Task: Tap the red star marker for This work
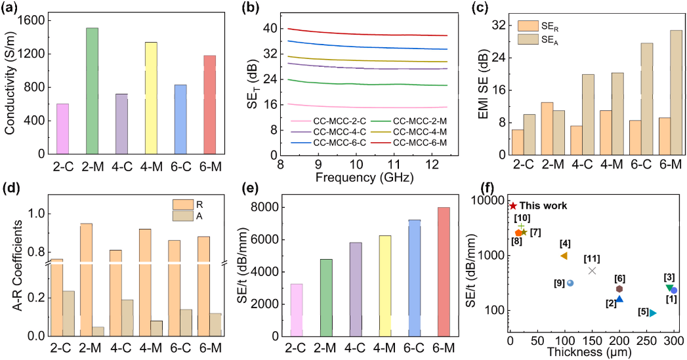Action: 513,206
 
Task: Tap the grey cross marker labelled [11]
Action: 592,270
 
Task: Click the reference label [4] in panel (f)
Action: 565,243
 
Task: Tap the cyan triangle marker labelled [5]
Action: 652,313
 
